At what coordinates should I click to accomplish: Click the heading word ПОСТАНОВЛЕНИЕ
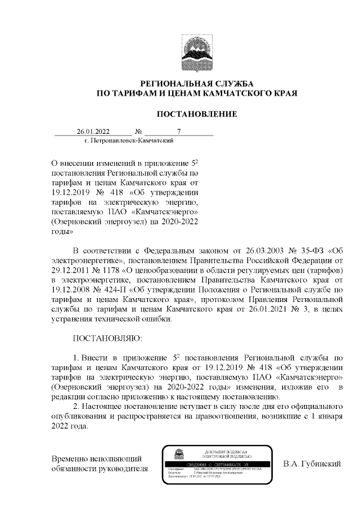coord(196,114)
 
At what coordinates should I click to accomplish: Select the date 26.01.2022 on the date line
coord(93,133)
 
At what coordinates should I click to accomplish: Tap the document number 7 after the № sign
coord(178,133)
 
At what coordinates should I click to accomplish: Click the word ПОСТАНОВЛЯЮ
coord(108,341)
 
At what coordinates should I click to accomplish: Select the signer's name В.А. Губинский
coord(313,464)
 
